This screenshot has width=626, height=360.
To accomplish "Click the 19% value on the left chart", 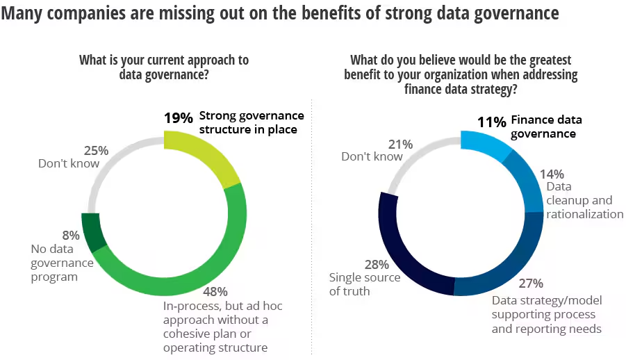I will point(178,117).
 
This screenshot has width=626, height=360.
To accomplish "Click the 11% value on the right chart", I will point(491,122).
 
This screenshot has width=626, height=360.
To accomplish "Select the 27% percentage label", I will point(531,284).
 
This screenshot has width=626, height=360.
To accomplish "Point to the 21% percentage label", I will point(400,144).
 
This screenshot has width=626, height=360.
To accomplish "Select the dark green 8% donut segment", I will point(94,229).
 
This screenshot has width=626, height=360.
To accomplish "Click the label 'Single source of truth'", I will point(364,284).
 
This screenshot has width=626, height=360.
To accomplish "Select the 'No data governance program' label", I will point(62,263).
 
